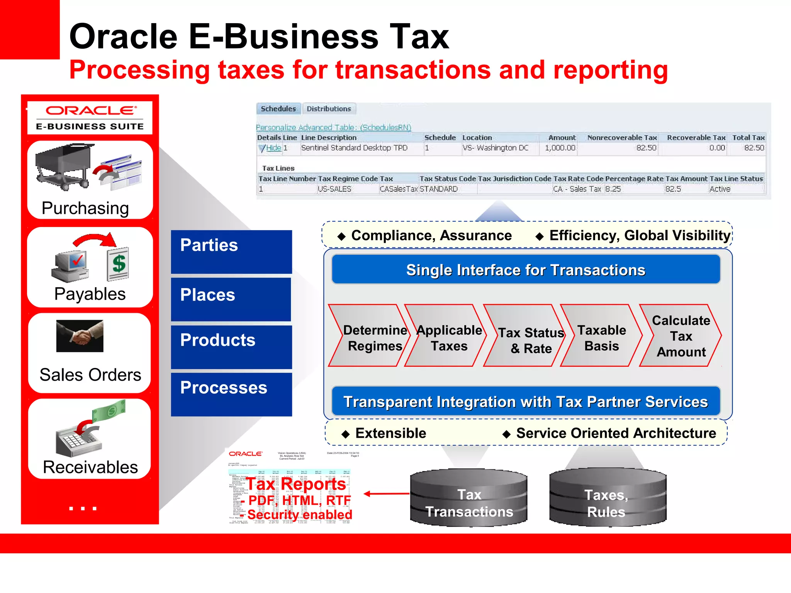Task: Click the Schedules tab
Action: pos(278,109)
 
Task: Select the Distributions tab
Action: pos(329,109)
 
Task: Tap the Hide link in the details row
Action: pos(273,148)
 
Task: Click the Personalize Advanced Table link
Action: pos(333,127)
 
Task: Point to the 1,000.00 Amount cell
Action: pos(560,148)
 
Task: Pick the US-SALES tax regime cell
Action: pos(334,189)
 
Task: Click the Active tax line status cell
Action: pos(720,189)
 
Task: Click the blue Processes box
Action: pos(231,394)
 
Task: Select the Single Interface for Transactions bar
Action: pos(526,270)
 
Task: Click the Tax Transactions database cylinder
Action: pos(468,498)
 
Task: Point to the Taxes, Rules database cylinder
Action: pos(608,498)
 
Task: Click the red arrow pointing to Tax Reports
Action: pos(386,493)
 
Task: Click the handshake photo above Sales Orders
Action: pos(80,336)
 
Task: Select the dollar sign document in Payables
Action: pos(118,264)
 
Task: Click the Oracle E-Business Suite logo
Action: pos(90,118)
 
